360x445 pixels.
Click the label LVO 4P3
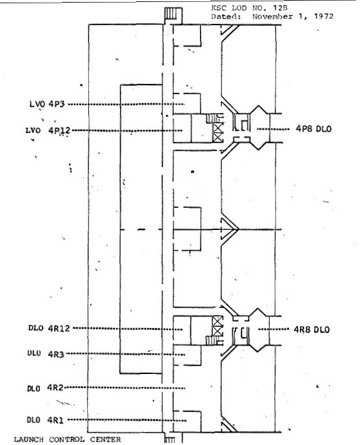(x=47, y=104)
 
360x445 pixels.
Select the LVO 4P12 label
(x=48, y=130)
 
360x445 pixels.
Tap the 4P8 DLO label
(x=314, y=129)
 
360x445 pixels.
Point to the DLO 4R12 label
(x=49, y=328)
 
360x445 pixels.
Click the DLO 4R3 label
(x=46, y=354)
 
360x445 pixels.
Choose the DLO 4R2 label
(x=45, y=388)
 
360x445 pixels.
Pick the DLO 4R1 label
(x=45, y=420)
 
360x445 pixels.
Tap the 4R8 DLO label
(x=312, y=329)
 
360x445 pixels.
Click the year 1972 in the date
(x=323, y=16)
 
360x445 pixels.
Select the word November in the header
(x=272, y=16)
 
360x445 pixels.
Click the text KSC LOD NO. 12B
(x=249, y=8)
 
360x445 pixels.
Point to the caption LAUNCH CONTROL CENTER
(x=68, y=440)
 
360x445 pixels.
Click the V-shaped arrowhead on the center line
(x=230, y=229)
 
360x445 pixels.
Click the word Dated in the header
(x=226, y=16)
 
